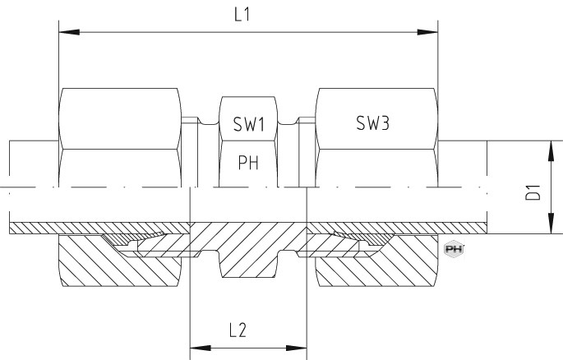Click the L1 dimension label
click(x=242, y=15)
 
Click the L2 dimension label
click(x=238, y=330)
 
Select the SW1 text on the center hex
click(x=249, y=124)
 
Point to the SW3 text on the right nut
click(x=372, y=123)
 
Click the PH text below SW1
click(x=248, y=163)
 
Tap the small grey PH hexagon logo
click(x=454, y=249)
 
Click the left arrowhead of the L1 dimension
click(x=69, y=32)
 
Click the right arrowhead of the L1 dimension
click(x=427, y=32)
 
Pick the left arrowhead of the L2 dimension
click(x=201, y=348)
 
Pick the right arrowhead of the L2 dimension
click(x=296, y=348)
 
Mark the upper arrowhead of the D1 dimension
click(x=551, y=151)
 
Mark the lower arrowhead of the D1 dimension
click(x=551, y=224)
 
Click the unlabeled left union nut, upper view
click(x=120, y=137)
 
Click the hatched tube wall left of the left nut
click(x=34, y=228)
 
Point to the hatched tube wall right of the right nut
click(x=463, y=228)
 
